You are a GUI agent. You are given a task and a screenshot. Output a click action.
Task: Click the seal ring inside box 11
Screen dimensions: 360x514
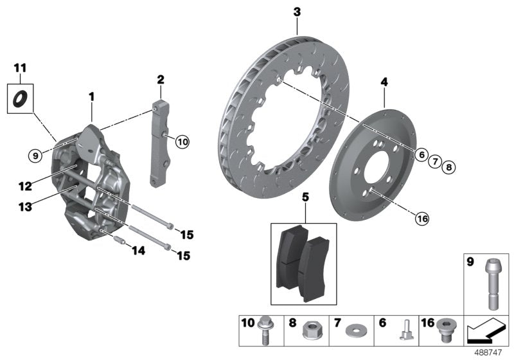pyautogui.click(x=21, y=98)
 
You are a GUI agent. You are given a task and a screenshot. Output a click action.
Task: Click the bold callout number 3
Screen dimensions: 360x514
pyautogui.click(x=297, y=12)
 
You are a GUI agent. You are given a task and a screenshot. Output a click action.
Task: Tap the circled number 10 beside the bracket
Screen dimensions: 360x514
pyautogui.click(x=182, y=142)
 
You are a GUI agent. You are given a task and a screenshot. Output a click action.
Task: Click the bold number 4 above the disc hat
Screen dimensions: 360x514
pyautogui.click(x=384, y=82)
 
